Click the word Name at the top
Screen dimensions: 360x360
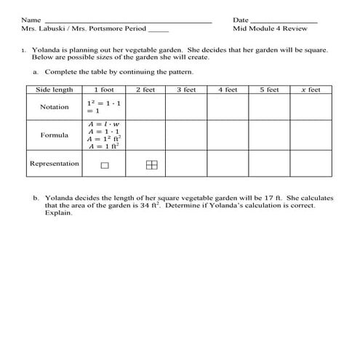coord(31,20)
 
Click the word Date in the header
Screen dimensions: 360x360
coord(241,20)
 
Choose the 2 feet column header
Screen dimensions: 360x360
coord(145,89)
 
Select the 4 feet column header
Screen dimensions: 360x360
coord(228,89)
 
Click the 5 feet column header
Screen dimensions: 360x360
coord(269,89)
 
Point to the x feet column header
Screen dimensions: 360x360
coord(311,89)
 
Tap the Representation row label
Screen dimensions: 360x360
coord(54,164)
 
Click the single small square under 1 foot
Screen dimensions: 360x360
coord(105,166)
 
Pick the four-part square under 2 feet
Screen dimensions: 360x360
coord(151,165)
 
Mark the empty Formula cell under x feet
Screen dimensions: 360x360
coord(311,135)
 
